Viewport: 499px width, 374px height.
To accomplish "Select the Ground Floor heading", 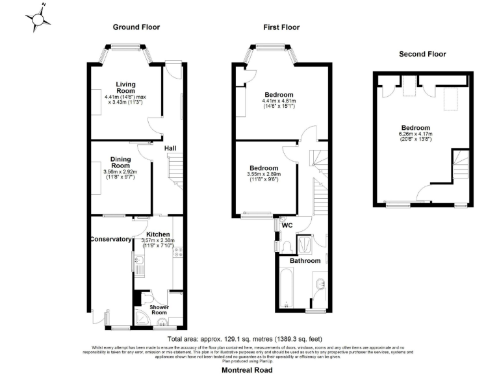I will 136,27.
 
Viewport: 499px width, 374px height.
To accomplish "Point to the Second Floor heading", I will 423,54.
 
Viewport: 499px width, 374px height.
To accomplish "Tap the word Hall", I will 170,149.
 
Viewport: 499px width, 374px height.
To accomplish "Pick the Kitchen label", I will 158,234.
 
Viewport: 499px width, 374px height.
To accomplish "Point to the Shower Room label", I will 159,308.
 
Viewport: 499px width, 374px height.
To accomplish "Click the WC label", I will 287,225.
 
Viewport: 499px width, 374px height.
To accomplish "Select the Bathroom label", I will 305,260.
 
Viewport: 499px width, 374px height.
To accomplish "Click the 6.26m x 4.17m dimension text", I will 415,134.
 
